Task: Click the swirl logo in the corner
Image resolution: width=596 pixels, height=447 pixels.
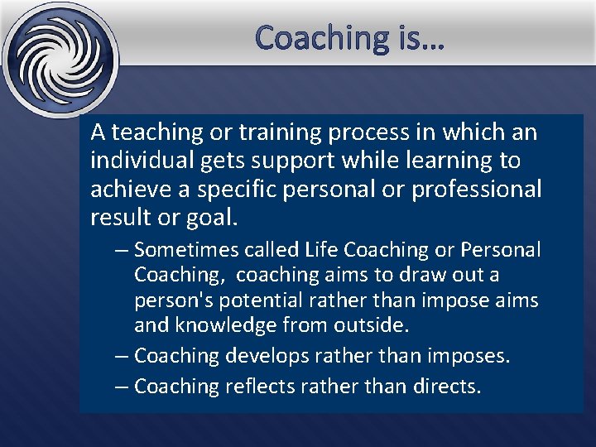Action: [x=59, y=59]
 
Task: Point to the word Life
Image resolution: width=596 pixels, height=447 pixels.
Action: [x=321, y=249]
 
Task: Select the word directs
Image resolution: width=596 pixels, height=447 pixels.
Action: [x=446, y=386]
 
